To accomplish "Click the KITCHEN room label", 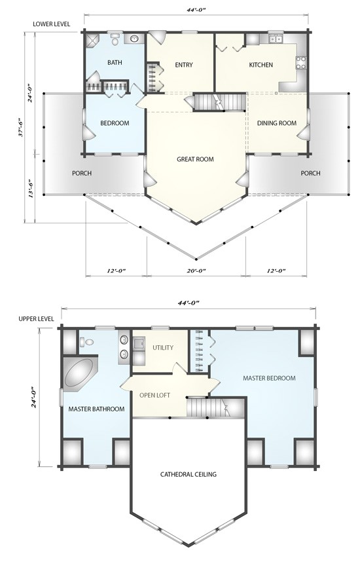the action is click(261, 65).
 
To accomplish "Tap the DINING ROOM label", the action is click(276, 123).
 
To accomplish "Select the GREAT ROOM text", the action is click(195, 159).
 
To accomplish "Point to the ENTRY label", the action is click(184, 65).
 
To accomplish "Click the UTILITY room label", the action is click(163, 348).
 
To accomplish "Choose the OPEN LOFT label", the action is click(154, 396).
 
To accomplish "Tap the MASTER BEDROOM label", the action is click(270, 378).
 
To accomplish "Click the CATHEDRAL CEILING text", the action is click(189, 474).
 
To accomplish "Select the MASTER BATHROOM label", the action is click(96, 409).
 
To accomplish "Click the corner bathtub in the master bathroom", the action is click(79, 373).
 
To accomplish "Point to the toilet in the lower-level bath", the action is click(115, 39).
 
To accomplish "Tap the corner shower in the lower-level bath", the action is click(92, 41).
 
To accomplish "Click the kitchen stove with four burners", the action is click(301, 63).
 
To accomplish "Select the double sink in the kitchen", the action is click(276, 39).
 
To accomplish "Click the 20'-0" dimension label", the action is click(196, 271).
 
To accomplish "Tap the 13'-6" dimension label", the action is click(31, 189).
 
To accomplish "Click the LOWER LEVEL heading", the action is click(52, 24).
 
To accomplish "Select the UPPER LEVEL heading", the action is click(36, 318).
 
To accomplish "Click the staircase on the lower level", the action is click(220, 102).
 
